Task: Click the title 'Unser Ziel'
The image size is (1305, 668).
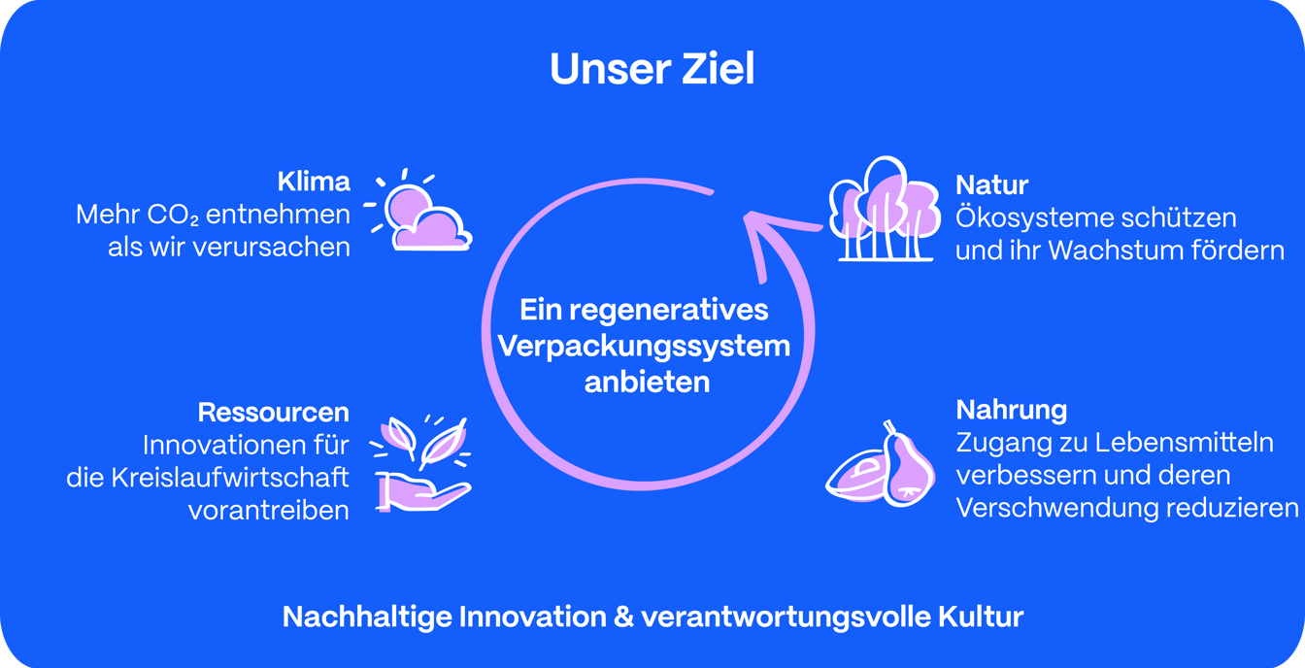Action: point(652,69)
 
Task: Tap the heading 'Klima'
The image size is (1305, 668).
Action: point(314,182)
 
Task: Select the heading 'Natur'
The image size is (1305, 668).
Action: point(991,185)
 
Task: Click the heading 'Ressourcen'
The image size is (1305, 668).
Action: point(273,413)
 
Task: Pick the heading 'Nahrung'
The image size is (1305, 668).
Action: point(1012,411)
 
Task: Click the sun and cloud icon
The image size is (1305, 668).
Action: point(418,211)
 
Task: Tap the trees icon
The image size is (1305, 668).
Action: point(885,209)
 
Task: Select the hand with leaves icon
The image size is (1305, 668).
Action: point(420,463)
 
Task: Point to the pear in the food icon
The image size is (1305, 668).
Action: point(907,466)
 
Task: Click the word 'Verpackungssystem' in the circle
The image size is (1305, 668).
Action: point(644,346)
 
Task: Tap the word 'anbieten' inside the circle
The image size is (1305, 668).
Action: point(648,382)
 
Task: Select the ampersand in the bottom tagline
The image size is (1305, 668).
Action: point(623,617)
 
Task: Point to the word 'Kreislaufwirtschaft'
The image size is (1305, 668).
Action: point(230,478)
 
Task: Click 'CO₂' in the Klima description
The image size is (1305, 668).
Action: point(173,215)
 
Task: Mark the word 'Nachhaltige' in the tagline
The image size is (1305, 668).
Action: point(367,618)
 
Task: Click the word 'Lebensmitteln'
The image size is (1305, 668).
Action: point(1184,443)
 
